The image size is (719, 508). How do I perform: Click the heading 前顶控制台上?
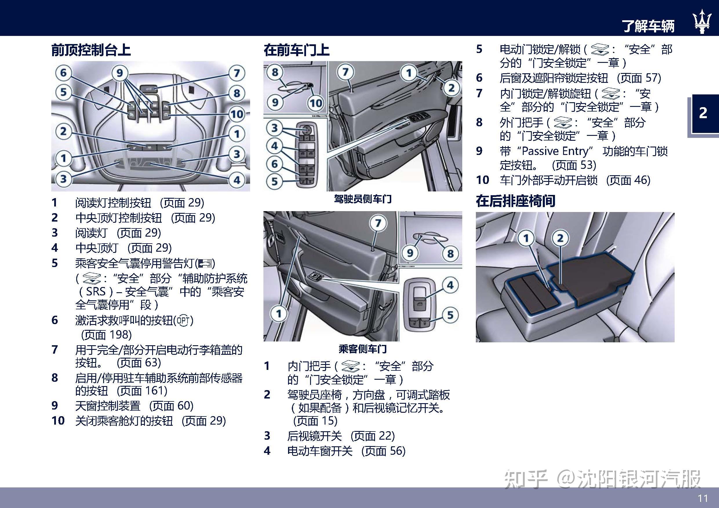pyautogui.click(x=91, y=50)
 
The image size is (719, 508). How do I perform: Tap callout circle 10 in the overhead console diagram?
pyautogui.click(x=237, y=114)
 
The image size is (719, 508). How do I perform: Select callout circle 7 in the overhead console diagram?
pyautogui.click(x=237, y=73)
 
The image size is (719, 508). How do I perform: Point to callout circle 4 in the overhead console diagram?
pyautogui.click(x=237, y=180)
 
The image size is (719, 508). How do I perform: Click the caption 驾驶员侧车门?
pyautogui.click(x=362, y=199)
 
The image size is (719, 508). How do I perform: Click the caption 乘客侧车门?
pyautogui.click(x=362, y=349)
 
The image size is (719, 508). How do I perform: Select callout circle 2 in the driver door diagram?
pyautogui.click(x=451, y=88)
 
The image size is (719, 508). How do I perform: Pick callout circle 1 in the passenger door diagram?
pyautogui.click(x=279, y=313)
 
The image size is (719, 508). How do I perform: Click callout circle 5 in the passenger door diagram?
pyautogui.click(x=450, y=315)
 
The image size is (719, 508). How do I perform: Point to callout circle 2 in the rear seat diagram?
pyautogui.click(x=560, y=238)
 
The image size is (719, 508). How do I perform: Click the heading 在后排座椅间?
pyautogui.click(x=516, y=201)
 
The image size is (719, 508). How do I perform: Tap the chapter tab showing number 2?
pyautogui.click(x=703, y=113)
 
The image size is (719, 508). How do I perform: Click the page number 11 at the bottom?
pyautogui.click(x=703, y=498)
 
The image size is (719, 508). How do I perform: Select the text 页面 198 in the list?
pyautogui.click(x=106, y=335)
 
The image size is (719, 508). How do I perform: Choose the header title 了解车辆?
pyautogui.click(x=648, y=26)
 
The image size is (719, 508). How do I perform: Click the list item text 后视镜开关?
pyautogui.click(x=314, y=436)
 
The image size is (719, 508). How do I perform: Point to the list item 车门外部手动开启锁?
pyautogui.click(x=549, y=180)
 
